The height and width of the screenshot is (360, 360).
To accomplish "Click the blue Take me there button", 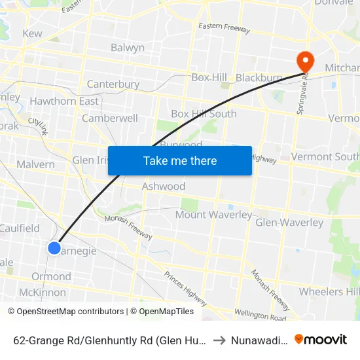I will [x=180, y=160].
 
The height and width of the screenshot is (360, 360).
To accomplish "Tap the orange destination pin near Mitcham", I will [x=305, y=61].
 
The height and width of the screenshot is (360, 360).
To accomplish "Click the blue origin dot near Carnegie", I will [x=54, y=247].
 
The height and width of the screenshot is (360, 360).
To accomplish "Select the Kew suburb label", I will [x=32, y=33].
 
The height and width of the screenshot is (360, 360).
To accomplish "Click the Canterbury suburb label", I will [x=113, y=84].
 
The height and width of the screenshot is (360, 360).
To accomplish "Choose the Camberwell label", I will [x=110, y=118].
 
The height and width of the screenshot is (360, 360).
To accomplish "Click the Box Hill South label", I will [x=204, y=113].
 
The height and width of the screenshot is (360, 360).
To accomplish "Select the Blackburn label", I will [x=259, y=77].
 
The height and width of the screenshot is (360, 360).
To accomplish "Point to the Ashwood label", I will [x=164, y=187].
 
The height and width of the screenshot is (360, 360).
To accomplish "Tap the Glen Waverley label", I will [x=289, y=223].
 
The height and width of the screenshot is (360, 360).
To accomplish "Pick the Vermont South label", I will [x=325, y=157].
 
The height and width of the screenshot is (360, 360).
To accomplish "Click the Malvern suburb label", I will [x=35, y=164].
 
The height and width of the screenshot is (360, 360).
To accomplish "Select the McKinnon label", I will [x=43, y=293].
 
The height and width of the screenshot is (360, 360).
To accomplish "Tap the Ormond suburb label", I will [x=51, y=276].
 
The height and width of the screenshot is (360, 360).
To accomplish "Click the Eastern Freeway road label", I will [x=225, y=28].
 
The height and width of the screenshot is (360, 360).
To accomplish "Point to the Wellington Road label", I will [x=260, y=316].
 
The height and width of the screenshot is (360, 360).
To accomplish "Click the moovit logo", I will [x=321, y=339].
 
